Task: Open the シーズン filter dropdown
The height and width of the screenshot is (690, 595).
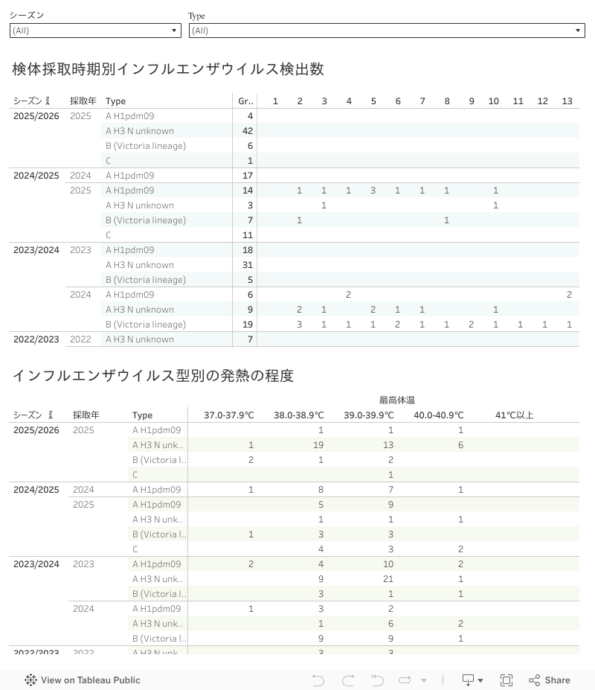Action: tap(95, 31)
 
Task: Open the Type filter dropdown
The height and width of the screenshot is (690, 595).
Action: tap(387, 31)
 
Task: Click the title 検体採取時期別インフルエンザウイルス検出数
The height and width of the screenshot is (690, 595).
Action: tap(168, 69)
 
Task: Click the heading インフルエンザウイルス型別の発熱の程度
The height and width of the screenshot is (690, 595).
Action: tap(153, 376)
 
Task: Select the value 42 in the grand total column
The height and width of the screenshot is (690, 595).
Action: tap(248, 131)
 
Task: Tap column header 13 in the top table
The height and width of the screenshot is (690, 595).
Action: tap(567, 101)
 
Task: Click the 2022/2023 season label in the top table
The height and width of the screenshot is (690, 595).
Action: tap(36, 339)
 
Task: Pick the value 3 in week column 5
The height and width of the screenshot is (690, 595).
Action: tap(373, 191)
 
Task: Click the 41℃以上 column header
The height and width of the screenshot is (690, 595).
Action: tap(515, 415)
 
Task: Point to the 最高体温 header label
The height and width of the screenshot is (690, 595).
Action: tap(397, 400)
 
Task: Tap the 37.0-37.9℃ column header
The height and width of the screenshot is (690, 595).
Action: tap(229, 415)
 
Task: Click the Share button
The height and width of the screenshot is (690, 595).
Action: tap(550, 680)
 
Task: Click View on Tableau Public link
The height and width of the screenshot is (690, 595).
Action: tap(83, 680)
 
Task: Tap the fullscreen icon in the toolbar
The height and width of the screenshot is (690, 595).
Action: tap(506, 680)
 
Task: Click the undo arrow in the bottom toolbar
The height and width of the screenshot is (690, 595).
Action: tap(318, 680)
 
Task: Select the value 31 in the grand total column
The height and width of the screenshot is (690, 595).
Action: tap(248, 265)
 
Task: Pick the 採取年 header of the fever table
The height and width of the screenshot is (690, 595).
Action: tap(86, 415)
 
